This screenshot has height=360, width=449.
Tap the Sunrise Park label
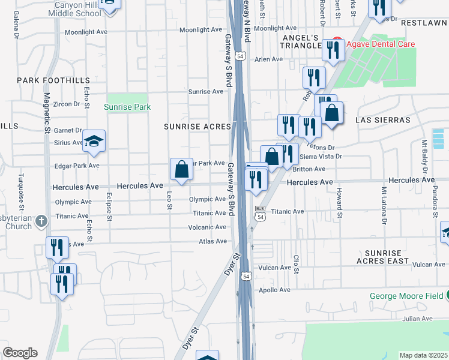127,107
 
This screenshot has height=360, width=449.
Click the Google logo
20,353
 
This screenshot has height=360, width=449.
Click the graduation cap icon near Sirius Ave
94,142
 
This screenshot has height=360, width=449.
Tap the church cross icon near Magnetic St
41,221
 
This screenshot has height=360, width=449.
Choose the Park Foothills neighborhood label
53,80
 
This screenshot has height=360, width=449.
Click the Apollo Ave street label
274,290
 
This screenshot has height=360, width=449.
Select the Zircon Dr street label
67,104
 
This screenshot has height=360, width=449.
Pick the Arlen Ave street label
268,59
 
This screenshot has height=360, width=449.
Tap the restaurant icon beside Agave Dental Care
333,51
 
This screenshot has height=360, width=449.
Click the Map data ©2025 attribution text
424,355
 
